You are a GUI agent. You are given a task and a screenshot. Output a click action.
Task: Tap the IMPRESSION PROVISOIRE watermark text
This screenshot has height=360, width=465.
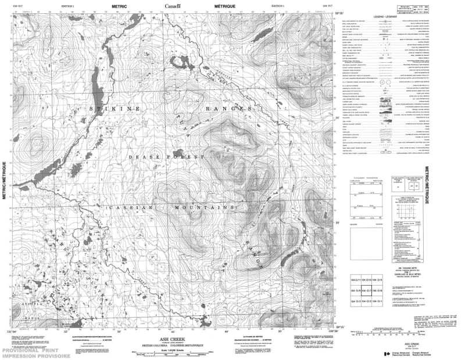(x=35, y=356)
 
